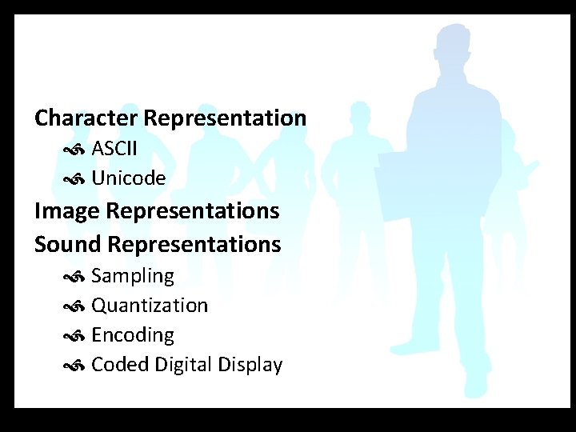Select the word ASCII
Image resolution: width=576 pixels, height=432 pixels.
114,149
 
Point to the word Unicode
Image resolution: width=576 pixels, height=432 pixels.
129,178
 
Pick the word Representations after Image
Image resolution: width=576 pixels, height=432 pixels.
192,211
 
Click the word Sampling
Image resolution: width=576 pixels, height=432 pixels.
133,276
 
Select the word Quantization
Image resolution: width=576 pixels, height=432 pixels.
150,306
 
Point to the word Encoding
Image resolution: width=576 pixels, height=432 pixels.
133,335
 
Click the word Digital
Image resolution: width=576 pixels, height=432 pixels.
184,365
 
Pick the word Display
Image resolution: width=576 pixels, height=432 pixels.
251,366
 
